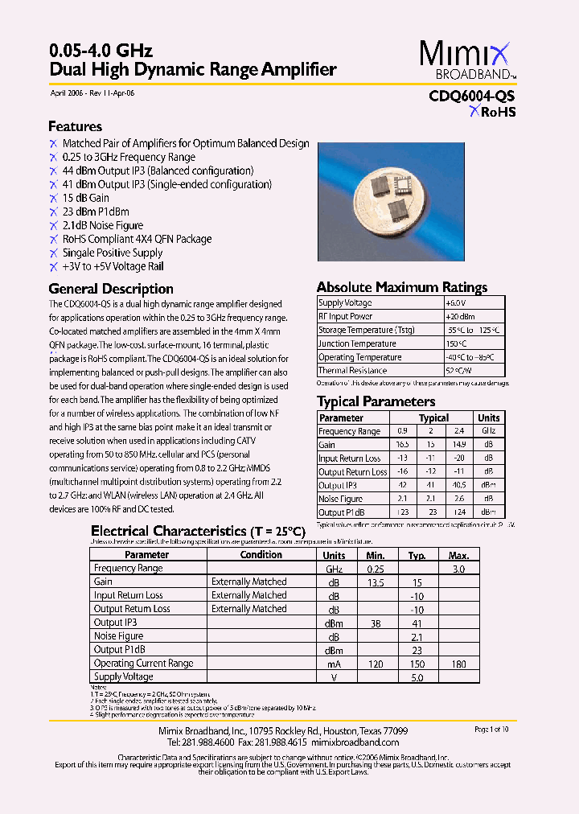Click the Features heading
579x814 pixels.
click(75, 127)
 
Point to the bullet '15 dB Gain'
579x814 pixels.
click(85, 198)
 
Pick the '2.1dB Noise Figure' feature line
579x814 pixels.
click(103, 225)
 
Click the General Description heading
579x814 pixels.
click(111, 289)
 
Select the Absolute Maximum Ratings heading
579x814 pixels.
click(401, 287)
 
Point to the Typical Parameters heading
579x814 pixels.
click(376, 401)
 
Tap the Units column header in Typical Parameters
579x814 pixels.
click(488, 418)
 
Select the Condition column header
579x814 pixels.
click(261, 555)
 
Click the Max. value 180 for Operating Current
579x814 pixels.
click(458, 664)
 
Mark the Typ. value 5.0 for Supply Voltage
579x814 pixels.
click(416, 677)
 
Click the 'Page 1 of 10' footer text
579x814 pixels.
click(491, 730)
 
